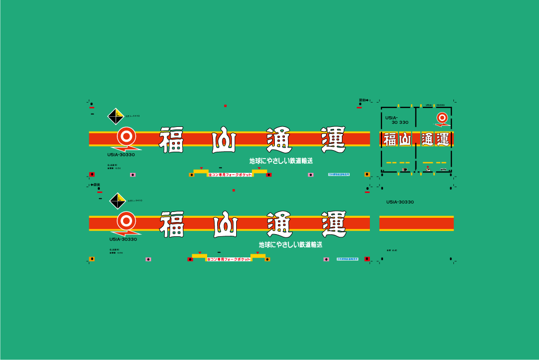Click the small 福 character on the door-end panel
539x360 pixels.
389,140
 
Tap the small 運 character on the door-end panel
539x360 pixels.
442,140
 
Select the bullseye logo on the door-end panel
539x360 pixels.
442,118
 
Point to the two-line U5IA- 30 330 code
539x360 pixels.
397,120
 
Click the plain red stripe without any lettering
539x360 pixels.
416,224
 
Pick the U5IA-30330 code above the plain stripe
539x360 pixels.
400,202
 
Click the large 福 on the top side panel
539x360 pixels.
171,140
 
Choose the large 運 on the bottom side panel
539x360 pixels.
333,224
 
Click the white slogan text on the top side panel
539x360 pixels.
281,161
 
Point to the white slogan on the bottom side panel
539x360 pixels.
291,245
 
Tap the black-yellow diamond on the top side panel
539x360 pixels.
116,116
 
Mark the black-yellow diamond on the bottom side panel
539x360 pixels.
117,201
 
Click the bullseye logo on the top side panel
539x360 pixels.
126,136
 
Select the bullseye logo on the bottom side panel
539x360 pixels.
126,220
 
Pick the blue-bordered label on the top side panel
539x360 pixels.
339,173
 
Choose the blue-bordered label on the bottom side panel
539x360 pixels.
347,259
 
